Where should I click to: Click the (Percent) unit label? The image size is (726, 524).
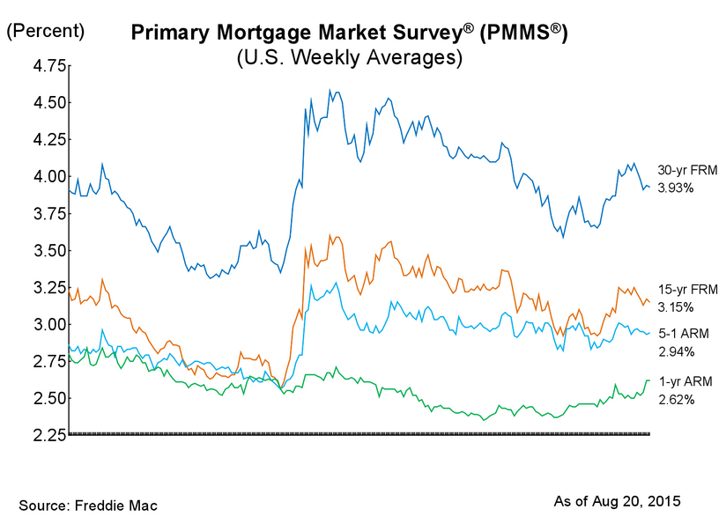click(x=46, y=31)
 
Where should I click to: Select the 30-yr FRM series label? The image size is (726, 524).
click(x=682, y=171)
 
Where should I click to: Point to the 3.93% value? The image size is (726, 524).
click(x=676, y=188)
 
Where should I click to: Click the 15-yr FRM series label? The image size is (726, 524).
click(x=682, y=290)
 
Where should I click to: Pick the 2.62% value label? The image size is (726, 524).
click(x=676, y=399)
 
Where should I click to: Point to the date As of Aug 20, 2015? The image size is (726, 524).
click(x=617, y=501)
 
